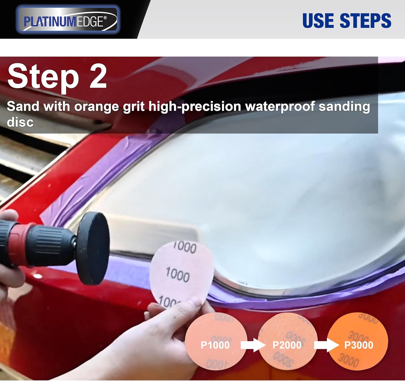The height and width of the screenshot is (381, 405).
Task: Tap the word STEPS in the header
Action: pyautogui.click(x=365, y=21)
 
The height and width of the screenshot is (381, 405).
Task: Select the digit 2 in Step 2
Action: pyautogui.click(x=98, y=76)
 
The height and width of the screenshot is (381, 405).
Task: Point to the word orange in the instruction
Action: pyautogui.click(x=96, y=107)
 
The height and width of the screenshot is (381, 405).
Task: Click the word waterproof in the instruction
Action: pyautogui.click(x=280, y=106)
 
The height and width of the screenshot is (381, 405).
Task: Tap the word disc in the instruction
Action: pyautogui.click(x=20, y=122)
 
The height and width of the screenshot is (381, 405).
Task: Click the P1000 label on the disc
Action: pyautogui.click(x=215, y=345)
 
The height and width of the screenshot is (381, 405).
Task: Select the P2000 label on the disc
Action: pyautogui.click(x=287, y=345)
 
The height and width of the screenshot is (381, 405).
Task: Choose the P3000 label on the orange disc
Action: pyautogui.click(x=359, y=345)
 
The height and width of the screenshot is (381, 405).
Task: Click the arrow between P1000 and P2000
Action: pyautogui.click(x=253, y=345)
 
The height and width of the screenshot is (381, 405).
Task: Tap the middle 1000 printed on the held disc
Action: pyautogui.click(x=177, y=275)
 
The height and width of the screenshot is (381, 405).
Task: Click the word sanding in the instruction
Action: pyautogui.click(x=344, y=106)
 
